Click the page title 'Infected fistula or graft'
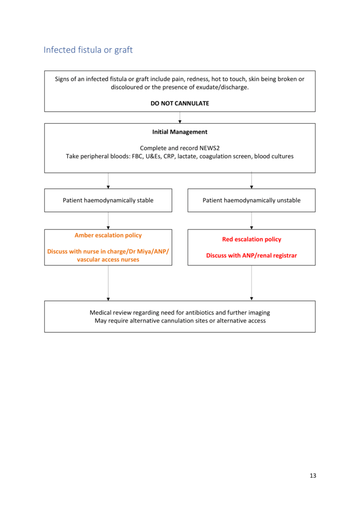coord(88,50)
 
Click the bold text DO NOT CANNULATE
coord(180,103)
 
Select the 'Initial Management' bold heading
coord(180,132)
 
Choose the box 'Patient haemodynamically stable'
coord(108,200)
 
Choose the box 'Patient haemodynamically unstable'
coord(251,200)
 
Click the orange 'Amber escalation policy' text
coord(108,235)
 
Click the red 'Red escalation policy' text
coord(251,239)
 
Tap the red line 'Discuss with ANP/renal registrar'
coord(251,255)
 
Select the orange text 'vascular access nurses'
coord(108,259)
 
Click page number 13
coord(312,476)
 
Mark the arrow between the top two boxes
coord(180,118)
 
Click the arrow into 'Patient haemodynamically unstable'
coord(251,181)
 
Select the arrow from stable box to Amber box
coord(108,221)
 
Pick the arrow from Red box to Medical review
coord(251,283)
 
